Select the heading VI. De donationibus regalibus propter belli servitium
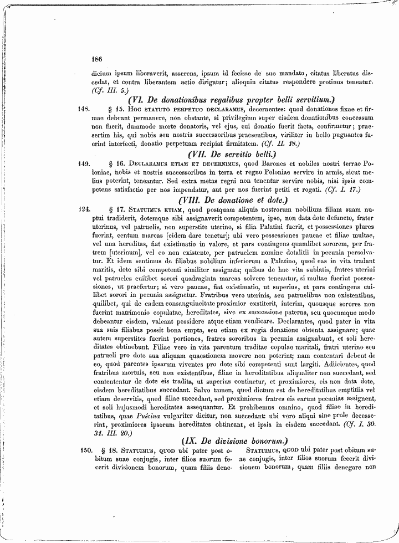[232, 100]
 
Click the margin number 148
[84, 109]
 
